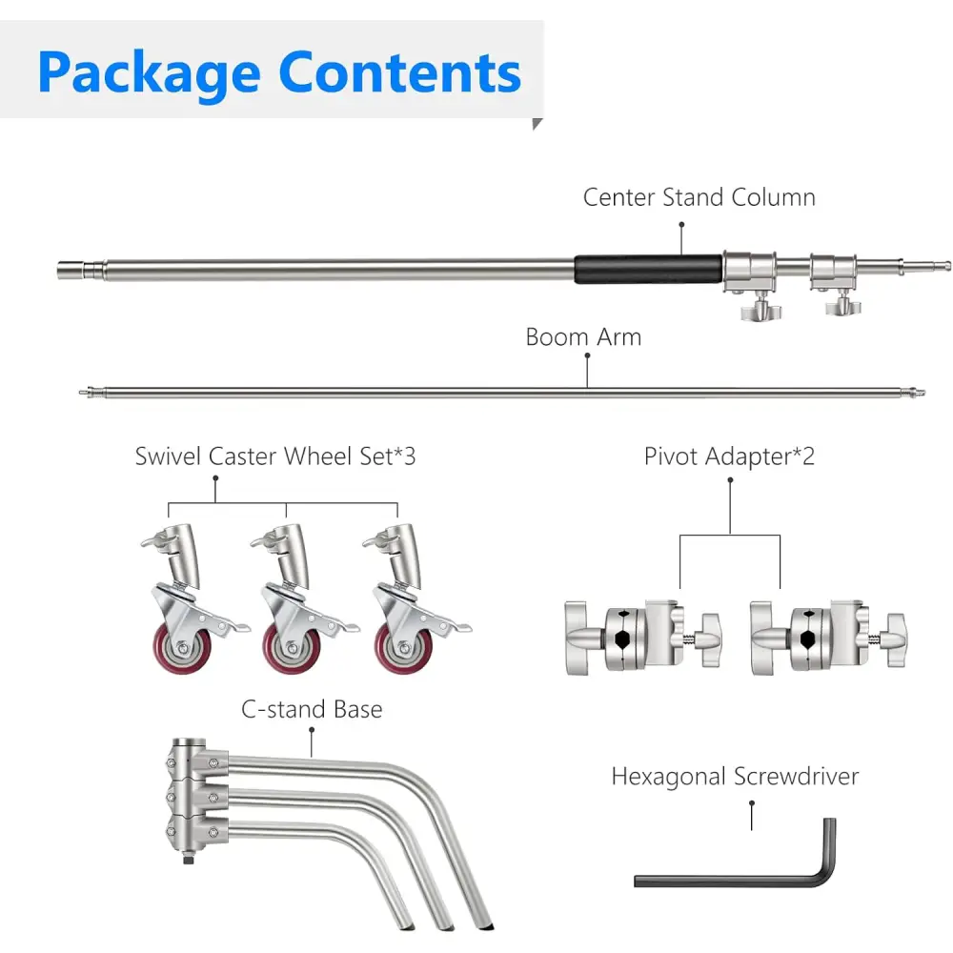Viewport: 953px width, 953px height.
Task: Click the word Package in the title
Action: click(x=149, y=72)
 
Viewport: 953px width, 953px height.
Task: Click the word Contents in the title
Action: click(x=400, y=72)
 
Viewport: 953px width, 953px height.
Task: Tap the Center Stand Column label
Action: click(x=699, y=198)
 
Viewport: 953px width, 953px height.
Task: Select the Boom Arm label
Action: click(x=583, y=337)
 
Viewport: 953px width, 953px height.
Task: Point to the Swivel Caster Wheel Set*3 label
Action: click(x=275, y=456)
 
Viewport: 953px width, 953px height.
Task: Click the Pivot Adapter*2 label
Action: click(x=729, y=456)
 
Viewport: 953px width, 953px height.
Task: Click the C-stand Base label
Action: click(x=312, y=710)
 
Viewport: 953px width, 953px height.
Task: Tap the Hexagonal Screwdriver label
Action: click(x=734, y=777)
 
